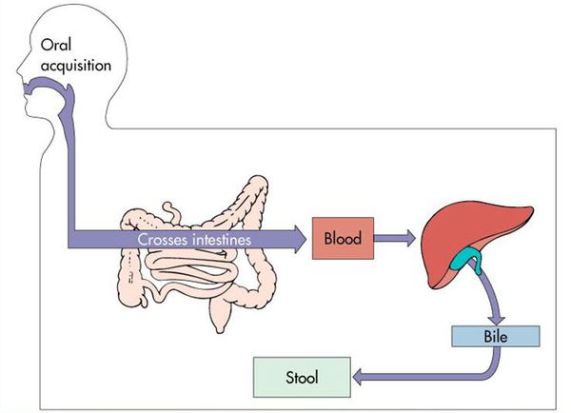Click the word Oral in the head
[56, 45]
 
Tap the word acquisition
[76, 66]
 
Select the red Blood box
[343, 238]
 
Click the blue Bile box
[495, 336]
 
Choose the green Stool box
[302, 377]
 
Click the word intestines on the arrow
[222, 240]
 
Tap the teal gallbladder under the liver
[466, 258]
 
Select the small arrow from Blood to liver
[394, 238]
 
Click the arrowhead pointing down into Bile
[497, 320]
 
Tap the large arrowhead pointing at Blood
[300, 239]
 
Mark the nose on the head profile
[21, 69]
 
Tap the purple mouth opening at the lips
[28, 88]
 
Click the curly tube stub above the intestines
[172, 211]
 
